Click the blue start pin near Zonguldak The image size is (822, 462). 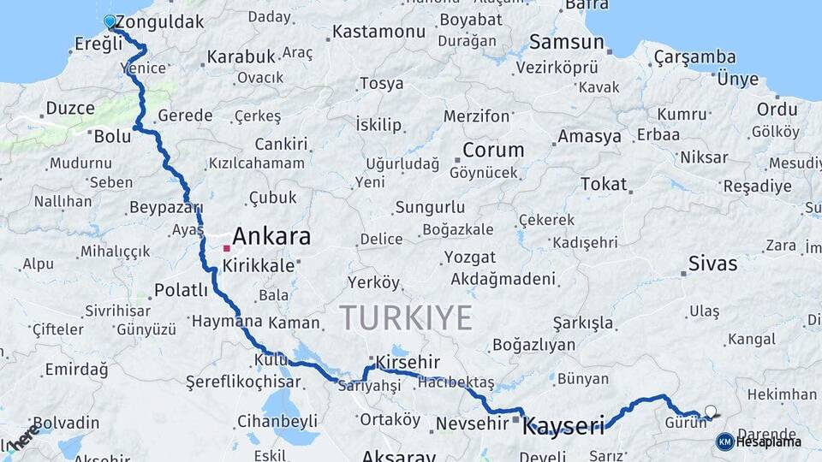pos(110,21)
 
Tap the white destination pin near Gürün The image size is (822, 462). pos(710,412)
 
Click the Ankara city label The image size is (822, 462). pos(271,236)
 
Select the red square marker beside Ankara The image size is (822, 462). pos(226,248)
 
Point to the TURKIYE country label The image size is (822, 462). pos(406,317)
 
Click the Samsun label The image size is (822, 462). pos(561,41)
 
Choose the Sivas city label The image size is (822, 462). pos(713,264)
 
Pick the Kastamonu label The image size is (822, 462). pos(378,32)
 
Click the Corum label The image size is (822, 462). pos(493,151)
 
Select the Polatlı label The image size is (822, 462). pos(181,290)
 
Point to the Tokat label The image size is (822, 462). pos(604,184)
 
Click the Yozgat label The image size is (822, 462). pos(470,257)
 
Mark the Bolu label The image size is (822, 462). pos(112,136)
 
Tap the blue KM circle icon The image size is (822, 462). pos(724,441)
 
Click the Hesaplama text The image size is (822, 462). pos(769,441)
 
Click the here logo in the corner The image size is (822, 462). pos(23,436)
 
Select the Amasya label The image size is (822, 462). pos(589,136)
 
